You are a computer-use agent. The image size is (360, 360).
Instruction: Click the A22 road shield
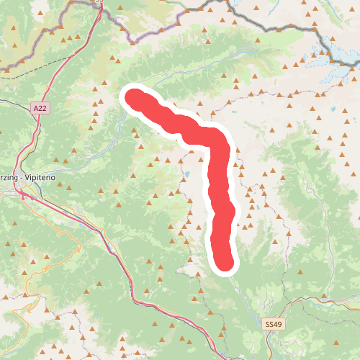pyautogui.click(x=42, y=107)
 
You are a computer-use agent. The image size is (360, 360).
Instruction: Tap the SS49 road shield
pyautogui.click(x=274, y=325)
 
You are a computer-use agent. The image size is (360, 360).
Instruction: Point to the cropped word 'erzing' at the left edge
pyautogui.click(x=8, y=176)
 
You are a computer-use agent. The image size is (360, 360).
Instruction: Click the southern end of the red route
pyautogui.click(x=225, y=263)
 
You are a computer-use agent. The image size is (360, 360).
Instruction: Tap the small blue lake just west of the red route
pyautogui.click(x=187, y=174)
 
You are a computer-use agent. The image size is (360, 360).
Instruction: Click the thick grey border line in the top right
pyautogui.click(x=288, y=29)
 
